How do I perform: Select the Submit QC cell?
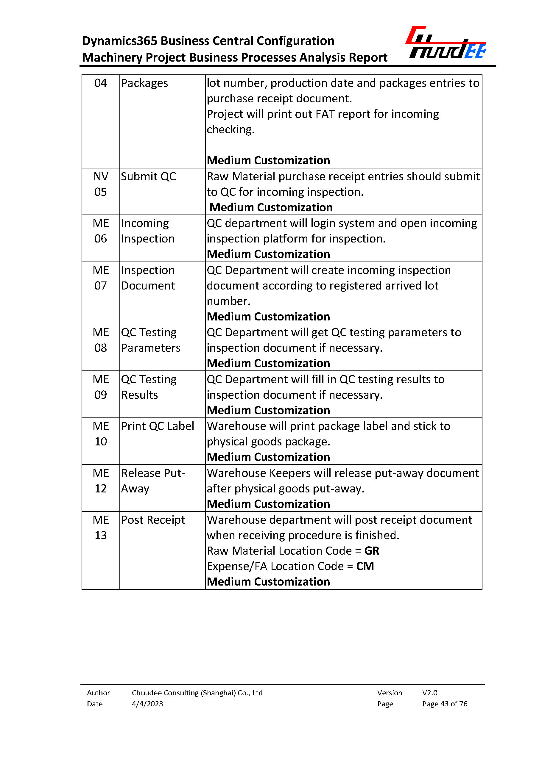coord(148,176)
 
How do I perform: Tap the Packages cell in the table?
coord(144,83)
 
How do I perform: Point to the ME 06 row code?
coord(100,231)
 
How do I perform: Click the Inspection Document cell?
coord(148,278)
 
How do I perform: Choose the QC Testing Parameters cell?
coord(150,340)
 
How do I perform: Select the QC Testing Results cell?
coord(149,387)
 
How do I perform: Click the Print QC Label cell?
coord(158,426)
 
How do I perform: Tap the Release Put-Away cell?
coord(153,481)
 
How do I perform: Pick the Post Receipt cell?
coord(153,520)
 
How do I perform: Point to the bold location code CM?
coord(365,566)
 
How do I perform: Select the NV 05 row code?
coord(100,184)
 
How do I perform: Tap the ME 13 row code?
coord(100,528)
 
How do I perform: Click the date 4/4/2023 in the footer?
coord(147,704)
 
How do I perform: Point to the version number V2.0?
coord(429,693)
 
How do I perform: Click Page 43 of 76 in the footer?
coord(445,704)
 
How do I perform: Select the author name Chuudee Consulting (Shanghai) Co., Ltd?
coord(197,693)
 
